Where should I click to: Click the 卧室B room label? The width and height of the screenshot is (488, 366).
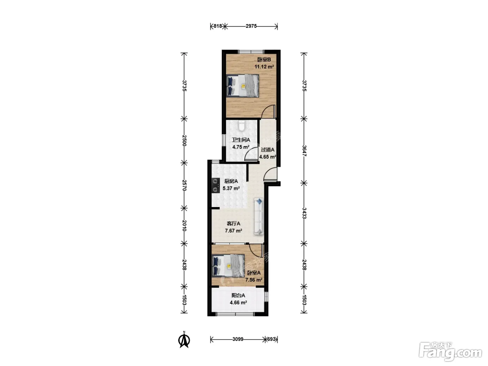click(x=264, y=60)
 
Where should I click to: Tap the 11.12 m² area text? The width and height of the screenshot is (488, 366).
click(x=264, y=67)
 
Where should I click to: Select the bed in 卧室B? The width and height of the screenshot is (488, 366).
click(x=243, y=85)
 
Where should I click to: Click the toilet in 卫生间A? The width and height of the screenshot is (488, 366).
click(x=242, y=125)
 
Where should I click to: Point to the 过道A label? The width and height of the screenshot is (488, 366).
click(x=267, y=150)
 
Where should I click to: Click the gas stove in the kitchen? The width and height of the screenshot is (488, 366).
click(x=215, y=185)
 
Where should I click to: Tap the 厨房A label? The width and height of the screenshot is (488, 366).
click(x=231, y=181)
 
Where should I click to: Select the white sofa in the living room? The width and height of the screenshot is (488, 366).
click(x=259, y=216)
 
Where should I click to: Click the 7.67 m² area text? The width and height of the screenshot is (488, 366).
click(x=233, y=231)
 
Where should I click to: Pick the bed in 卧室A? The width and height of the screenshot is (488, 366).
click(x=228, y=266)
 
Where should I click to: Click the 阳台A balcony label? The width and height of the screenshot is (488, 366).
click(x=238, y=295)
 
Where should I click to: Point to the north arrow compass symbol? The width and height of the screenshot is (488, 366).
click(x=184, y=339)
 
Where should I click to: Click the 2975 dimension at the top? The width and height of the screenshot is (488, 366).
click(x=251, y=26)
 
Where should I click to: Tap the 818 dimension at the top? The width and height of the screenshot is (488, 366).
click(x=218, y=26)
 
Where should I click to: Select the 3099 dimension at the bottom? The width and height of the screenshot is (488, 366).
click(x=238, y=339)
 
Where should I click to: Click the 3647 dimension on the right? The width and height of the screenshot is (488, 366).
click(x=304, y=151)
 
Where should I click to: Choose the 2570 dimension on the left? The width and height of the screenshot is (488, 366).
click(x=184, y=185)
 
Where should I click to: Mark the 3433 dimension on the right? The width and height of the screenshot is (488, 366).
click(x=304, y=213)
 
